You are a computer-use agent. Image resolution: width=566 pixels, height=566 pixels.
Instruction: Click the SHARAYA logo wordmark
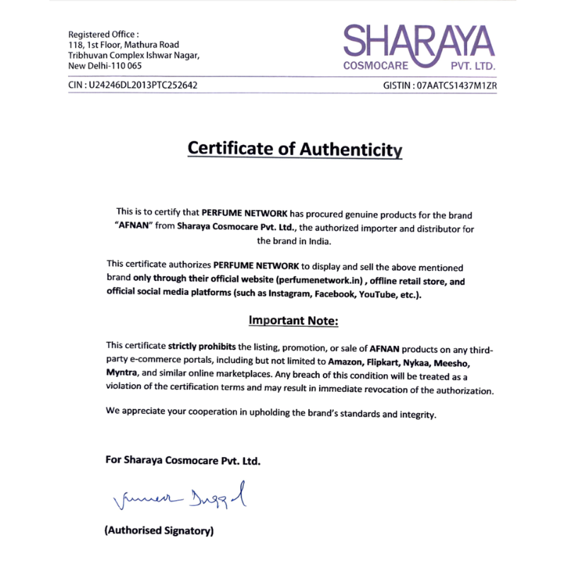pyautogui.click(x=419, y=42)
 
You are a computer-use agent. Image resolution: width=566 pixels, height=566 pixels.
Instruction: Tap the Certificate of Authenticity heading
pyautogui.click(x=294, y=149)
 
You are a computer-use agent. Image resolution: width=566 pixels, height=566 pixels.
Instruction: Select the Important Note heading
pyautogui.click(x=294, y=320)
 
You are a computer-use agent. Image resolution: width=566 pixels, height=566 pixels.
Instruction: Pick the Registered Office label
pyautogui.click(x=103, y=34)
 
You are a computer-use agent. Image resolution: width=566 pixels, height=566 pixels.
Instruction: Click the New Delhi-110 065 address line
pyautogui.click(x=105, y=65)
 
